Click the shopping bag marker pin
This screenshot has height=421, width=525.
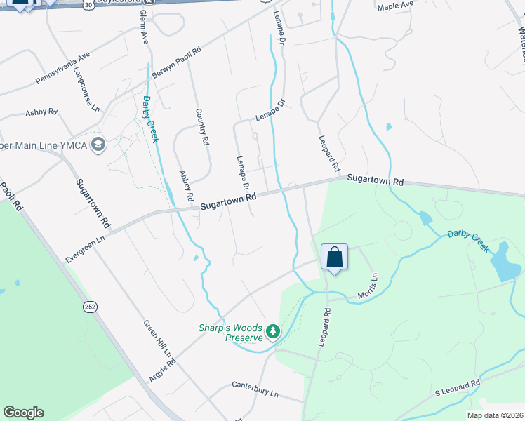(x=335, y=257)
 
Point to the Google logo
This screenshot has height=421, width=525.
(x=23, y=413)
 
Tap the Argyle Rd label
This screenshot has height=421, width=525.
(x=162, y=367)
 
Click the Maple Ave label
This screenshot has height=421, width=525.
(x=395, y=6)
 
